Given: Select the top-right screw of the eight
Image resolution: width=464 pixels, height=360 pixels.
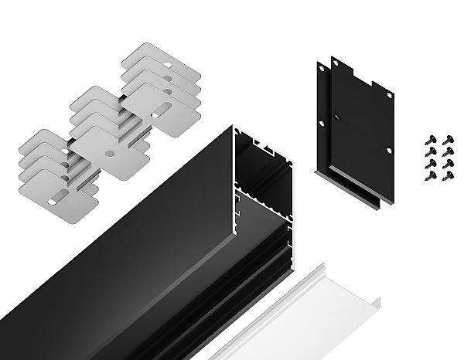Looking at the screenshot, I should point(446,141).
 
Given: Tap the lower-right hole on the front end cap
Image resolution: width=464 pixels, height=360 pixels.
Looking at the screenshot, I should point(389,151).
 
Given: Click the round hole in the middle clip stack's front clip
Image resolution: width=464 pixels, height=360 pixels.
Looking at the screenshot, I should point(111,153).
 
